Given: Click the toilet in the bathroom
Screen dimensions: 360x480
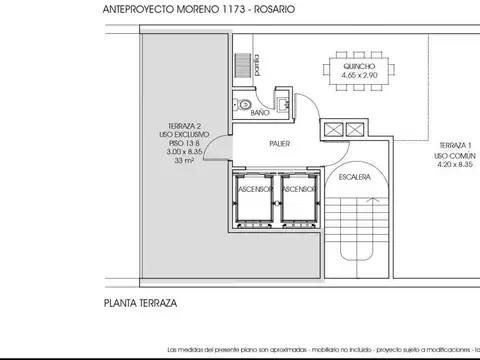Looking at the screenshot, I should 244,103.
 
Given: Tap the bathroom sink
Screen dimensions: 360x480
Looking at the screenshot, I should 283,103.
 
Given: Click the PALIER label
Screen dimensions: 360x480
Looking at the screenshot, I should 279,144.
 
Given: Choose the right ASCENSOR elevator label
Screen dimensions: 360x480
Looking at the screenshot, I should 299,188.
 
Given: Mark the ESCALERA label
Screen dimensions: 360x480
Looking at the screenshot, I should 355,176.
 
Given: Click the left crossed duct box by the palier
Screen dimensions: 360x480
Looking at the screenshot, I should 332,129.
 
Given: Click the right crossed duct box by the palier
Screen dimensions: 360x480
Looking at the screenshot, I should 355,129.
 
